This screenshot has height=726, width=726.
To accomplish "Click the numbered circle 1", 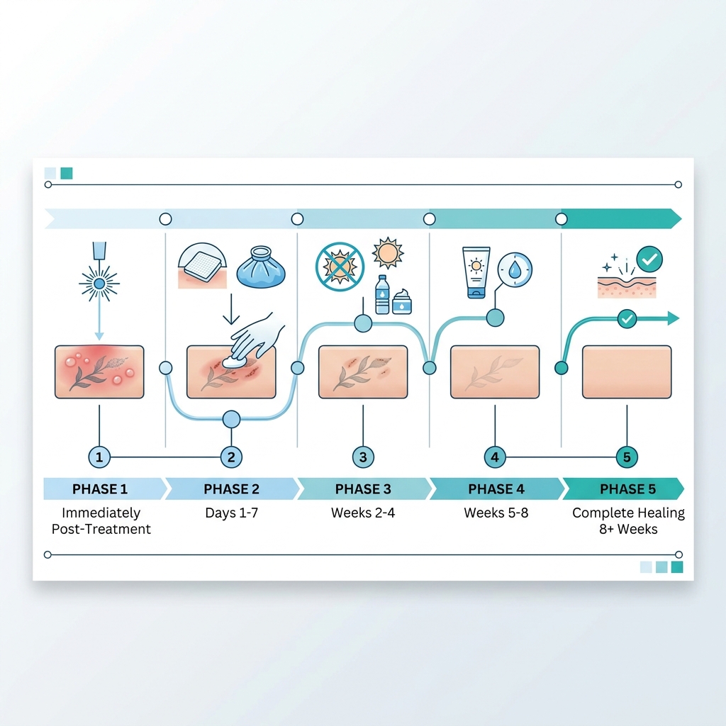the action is pos(99,457).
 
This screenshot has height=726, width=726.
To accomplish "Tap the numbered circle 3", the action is pos(363,457).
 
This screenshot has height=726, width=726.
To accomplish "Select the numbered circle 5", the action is pos(627,457).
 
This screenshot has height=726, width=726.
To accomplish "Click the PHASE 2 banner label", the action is pos(232,489).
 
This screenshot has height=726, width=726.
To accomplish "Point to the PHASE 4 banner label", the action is pos(496,489).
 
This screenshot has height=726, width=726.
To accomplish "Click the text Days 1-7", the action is pos(232,513).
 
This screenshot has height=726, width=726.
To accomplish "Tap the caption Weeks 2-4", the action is pos(363,513).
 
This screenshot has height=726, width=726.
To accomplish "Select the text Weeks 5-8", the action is pos(496,513).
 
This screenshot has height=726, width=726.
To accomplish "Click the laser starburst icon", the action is pos(99,284).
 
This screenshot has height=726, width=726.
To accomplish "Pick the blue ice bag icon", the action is pos(261,267).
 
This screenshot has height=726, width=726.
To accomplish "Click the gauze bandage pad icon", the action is pos(202,265).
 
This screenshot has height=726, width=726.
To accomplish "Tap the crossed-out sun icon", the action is pos(340,267).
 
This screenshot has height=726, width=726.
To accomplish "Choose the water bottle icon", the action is pos(382,294).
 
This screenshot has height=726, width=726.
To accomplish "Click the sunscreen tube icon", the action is pos(476,273).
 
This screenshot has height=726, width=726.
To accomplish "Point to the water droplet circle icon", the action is pos(515,270).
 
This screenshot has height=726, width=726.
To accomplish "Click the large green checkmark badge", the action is pos(649,259).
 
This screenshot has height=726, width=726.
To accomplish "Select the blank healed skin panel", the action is pos(627,372).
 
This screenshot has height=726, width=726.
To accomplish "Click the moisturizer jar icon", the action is pos(401,302).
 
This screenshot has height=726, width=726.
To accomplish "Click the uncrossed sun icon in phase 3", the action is pos(388,253).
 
